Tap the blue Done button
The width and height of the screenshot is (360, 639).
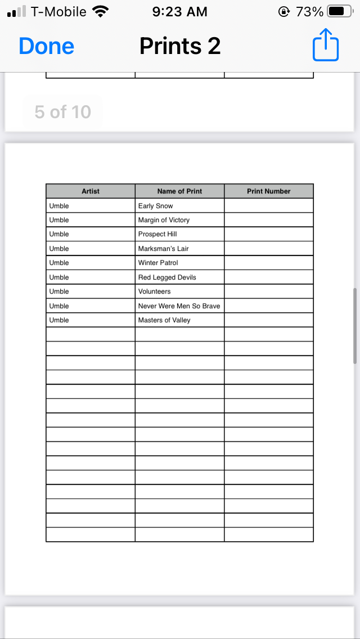coord(47,46)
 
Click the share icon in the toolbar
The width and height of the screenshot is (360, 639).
coord(326,46)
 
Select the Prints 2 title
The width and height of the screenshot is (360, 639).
coord(180,46)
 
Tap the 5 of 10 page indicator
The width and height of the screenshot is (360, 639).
coord(62,112)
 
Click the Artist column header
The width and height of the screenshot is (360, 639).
coord(91,191)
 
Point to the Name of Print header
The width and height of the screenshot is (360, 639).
coord(179,191)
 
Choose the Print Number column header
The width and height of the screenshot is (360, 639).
coord(268,191)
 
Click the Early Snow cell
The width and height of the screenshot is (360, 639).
coord(156,206)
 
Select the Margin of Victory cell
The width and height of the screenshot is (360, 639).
coord(164,220)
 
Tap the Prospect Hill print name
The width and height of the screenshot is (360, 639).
coord(157,234)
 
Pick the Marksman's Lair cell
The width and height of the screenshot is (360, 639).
coord(164,249)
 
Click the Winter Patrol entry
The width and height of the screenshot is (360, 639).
coord(158,263)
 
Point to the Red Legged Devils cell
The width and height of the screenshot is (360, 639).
coord(167,277)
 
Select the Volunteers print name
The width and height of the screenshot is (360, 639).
coord(155,291)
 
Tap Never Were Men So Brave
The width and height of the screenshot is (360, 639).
coord(179,306)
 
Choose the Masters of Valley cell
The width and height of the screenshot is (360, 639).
coord(164,320)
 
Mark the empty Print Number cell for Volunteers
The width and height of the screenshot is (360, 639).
coord(268,291)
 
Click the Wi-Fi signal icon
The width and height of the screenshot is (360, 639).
coord(101,12)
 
